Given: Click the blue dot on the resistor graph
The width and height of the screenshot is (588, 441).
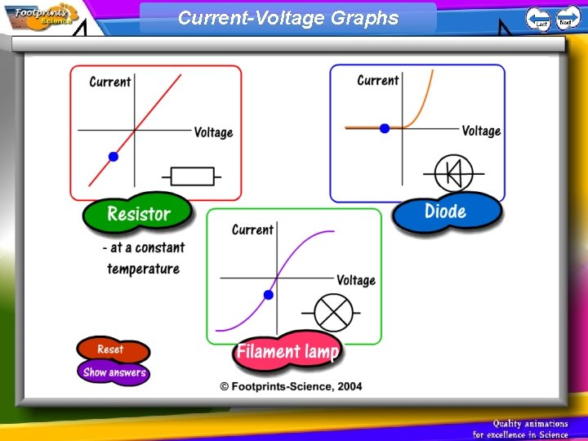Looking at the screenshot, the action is tap(114, 156).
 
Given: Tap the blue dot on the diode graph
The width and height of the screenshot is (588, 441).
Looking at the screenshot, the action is tap(385, 128).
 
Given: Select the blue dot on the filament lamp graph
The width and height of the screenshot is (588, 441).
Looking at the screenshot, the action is tap(267, 294).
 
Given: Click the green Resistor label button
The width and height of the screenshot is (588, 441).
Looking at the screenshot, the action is tap(138, 214).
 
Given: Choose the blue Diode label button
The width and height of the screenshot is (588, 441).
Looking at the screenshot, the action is tap(446, 212).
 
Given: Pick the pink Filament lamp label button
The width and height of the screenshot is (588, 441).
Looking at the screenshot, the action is tap(287, 352).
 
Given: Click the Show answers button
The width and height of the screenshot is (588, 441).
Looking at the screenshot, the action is tap(114, 372).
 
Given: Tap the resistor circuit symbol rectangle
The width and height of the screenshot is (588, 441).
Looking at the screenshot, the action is tap(193, 176).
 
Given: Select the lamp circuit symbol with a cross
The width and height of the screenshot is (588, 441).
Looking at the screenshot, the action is tap(333, 314).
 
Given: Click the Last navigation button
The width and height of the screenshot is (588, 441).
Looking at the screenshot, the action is tap(538, 18).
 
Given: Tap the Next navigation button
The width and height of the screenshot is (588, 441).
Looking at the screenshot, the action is tap(567, 17).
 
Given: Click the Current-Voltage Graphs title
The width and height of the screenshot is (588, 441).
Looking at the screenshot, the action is tap(288, 18).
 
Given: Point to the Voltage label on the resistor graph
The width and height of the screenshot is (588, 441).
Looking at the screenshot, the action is tap(213, 132).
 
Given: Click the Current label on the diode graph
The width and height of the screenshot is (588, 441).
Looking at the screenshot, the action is tap(378, 80).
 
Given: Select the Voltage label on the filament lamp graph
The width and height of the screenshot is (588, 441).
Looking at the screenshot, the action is tap(356, 280).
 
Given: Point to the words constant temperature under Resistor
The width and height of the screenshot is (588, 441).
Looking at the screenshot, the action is tap(144, 258).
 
